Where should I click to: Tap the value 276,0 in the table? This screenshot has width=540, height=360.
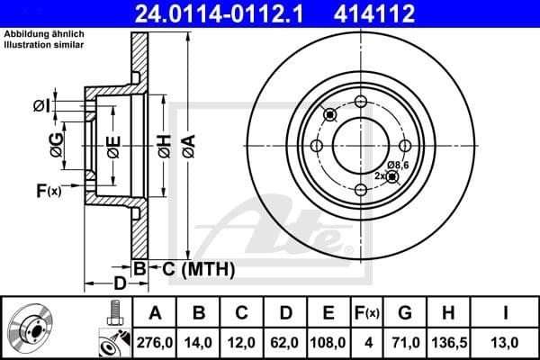tap(154, 341)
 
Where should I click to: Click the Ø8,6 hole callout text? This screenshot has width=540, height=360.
tap(399, 164)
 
